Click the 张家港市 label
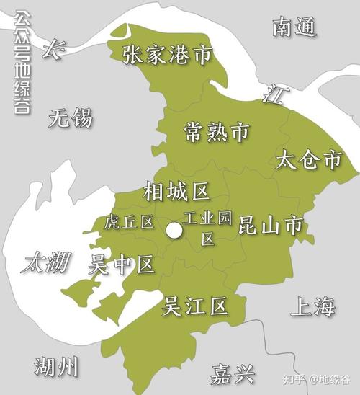(166, 56)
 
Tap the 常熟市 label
(216, 132)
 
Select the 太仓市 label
(308, 160)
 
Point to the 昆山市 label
(269, 225)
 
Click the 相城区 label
(176, 192)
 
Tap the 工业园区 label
(207, 228)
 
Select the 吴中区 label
(120, 265)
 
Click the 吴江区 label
(194, 307)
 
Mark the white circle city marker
(174, 231)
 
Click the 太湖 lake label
(45, 262)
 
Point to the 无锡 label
(71, 117)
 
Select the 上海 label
(313, 306)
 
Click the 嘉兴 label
(233, 373)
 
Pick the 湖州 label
(56, 367)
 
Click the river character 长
(53, 50)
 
